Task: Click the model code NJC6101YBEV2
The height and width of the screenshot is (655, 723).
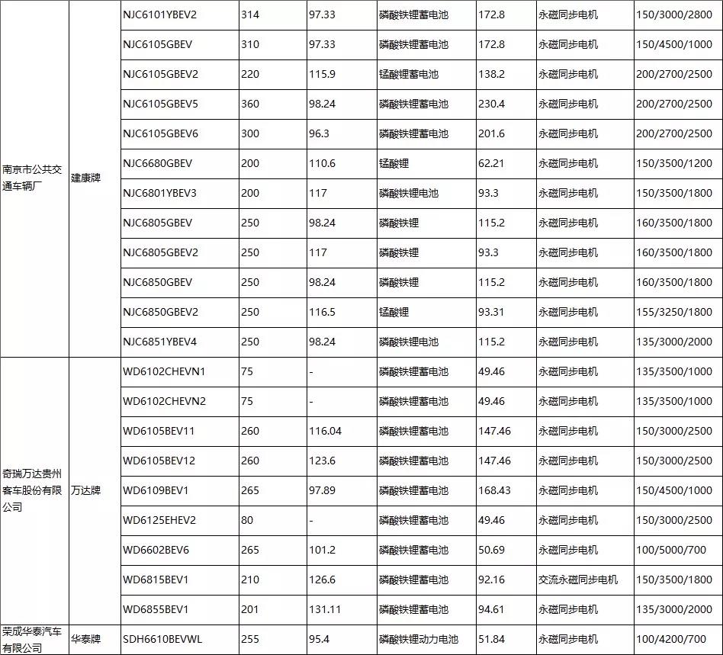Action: (x=159, y=14)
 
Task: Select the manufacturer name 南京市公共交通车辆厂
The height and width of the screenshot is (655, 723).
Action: (x=34, y=177)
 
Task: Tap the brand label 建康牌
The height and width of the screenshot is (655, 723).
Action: (x=85, y=177)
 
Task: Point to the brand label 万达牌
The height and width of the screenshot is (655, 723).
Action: (x=85, y=490)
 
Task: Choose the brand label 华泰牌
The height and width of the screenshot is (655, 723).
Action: (x=85, y=639)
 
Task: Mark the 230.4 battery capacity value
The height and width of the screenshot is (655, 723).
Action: (x=491, y=104)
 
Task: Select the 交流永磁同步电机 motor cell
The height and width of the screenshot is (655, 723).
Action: (x=577, y=580)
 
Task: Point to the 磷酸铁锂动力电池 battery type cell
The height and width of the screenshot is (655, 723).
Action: (x=418, y=639)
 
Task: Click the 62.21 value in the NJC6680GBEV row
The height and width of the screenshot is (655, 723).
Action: (x=491, y=163)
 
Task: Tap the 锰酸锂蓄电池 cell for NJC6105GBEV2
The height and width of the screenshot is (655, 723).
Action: (x=408, y=74)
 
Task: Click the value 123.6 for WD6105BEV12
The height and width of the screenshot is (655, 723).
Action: (x=323, y=461)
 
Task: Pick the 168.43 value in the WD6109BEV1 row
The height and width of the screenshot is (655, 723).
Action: (x=494, y=490)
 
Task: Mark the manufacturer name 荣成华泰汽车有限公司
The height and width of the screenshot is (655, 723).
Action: (x=34, y=639)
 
